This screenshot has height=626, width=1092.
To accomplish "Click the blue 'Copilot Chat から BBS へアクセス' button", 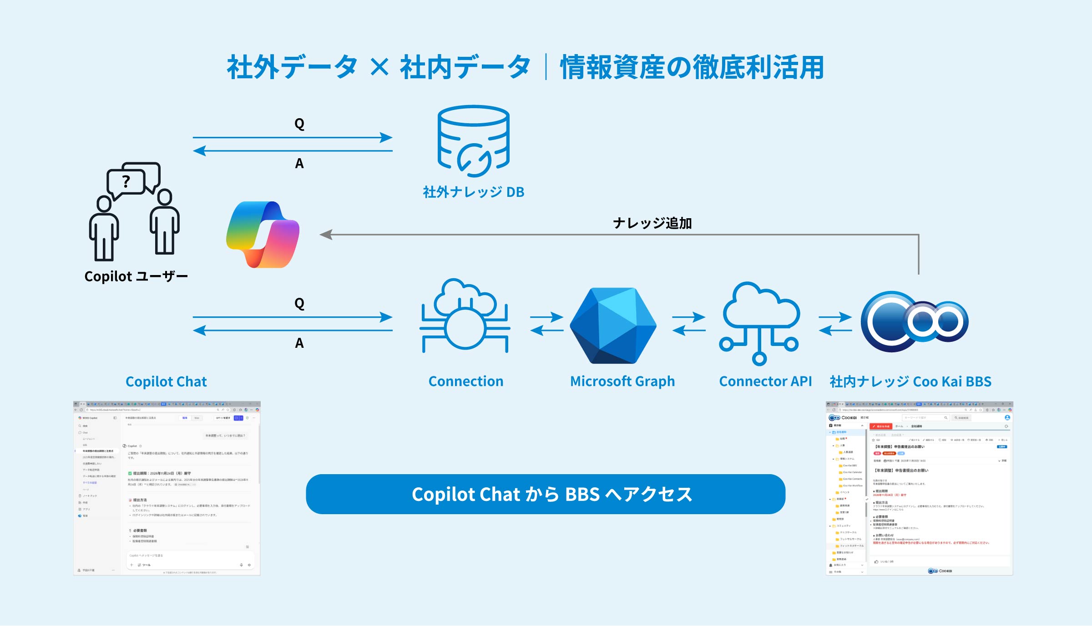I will click(x=545, y=494).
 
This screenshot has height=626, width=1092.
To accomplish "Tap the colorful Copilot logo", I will click(x=263, y=235).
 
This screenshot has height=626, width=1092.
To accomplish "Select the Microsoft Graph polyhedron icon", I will click(x=612, y=325).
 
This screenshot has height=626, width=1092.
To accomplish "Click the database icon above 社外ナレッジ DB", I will click(x=473, y=141).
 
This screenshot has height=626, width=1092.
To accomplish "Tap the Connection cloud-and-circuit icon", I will click(x=465, y=316).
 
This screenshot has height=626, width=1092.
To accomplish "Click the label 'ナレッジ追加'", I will click(x=652, y=223).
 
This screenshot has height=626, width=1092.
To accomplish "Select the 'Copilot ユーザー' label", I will click(x=136, y=276).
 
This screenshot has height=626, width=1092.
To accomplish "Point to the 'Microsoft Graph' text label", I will click(x=622, y=381).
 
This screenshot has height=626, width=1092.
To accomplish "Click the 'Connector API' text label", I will click(x=765, y=381).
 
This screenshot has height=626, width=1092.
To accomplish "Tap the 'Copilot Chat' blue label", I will click(x=166, y=382).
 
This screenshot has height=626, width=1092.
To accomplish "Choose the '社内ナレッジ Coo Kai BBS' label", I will click(x=910, y=382).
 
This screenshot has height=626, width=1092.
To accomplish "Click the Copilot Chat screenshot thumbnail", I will click(x=167, y=488).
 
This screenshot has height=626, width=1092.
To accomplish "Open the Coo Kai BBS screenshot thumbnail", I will click(x=919, y=488).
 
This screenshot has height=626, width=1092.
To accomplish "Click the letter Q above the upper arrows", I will click(x=299, y=124).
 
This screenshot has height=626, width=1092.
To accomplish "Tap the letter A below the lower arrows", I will click(x=299, y=343).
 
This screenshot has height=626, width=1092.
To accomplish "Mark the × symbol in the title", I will click(x=379, y=68).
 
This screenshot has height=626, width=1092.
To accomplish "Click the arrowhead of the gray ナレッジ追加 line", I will click(x=325, y=235).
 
